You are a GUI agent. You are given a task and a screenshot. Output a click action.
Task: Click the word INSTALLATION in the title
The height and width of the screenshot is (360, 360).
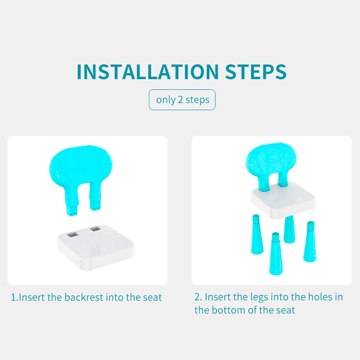148,72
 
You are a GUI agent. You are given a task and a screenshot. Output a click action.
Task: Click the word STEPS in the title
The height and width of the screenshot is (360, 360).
256,72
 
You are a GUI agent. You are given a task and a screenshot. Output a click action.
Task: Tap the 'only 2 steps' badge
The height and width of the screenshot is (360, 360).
182,99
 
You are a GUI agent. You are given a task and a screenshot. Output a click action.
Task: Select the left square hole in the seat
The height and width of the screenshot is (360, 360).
72,234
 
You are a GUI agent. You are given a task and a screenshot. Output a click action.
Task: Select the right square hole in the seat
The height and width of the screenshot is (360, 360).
95,229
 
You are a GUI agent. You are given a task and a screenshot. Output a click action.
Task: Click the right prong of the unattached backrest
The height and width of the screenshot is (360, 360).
94,198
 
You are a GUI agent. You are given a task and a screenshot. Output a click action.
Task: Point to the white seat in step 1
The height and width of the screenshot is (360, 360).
96,247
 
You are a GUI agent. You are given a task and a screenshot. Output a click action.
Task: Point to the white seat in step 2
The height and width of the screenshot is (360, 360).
283,200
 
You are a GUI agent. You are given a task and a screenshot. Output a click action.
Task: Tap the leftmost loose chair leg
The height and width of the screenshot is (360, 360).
256,234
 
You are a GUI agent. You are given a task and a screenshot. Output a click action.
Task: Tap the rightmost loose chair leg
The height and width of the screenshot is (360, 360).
310,242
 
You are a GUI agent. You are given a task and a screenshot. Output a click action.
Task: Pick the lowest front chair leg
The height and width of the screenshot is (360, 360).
275,254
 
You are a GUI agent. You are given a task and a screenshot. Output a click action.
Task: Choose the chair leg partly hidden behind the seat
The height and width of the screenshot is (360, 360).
289,229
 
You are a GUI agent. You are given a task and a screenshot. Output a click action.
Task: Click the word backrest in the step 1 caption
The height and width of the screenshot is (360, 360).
84,297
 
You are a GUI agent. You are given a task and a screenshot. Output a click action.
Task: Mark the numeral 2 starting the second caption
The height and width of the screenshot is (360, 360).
198,297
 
